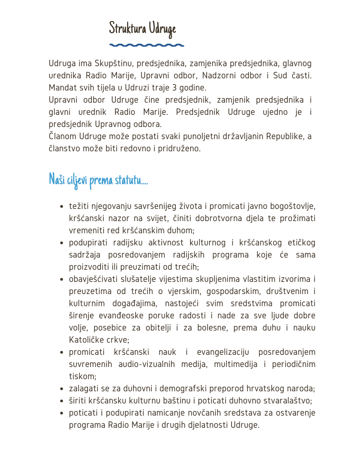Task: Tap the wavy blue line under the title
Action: [147, 45]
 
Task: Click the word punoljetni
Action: [191, 136]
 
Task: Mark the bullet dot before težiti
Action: [61, 206]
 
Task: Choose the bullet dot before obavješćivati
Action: [61, 279]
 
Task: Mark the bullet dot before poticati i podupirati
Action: [61, 413]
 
